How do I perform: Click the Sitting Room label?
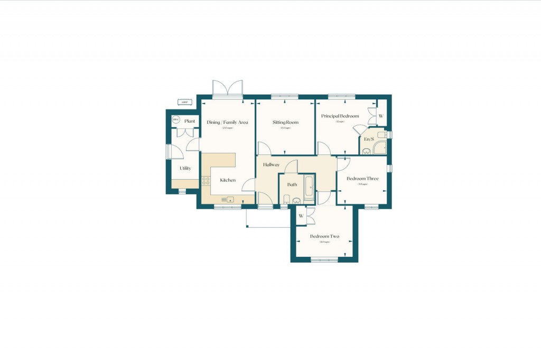[285, 122]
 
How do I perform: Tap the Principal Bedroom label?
[340, 116]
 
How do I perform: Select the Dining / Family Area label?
[228, 122]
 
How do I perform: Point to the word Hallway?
[272, 165]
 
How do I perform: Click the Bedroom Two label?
[324, 236]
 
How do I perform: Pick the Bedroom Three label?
[362, 178]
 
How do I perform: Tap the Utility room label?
[185, 168]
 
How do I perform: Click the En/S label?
[369, 139]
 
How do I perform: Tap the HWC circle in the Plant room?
[176, 121]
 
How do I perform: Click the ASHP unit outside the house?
[184, 102]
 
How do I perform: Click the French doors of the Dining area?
[228, 89]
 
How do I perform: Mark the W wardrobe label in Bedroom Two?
[301, 216]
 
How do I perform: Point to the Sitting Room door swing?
[264, 149]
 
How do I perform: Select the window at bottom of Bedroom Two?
[324, 260]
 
